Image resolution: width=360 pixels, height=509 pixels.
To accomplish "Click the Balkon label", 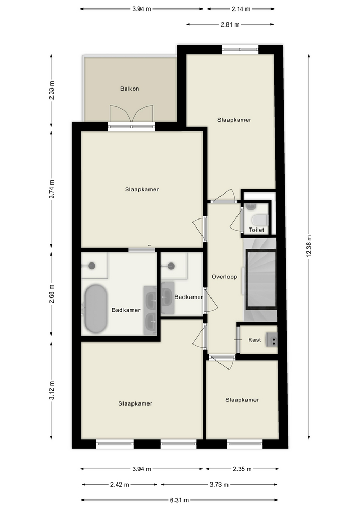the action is pyautogui.click(x=129, y=89).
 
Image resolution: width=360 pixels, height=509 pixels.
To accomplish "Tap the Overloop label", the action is pyautogui.click(x=224, y=277).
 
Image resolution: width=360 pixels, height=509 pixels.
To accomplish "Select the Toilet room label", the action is pyautogui.click(x=257, y=230).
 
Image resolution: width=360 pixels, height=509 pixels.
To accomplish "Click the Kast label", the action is pyautogui.click(x=254, y=340).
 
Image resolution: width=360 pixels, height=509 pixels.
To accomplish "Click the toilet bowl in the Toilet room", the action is pyautogui.click(x=260, y=220).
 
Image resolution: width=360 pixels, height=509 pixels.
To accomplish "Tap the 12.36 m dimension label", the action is pyautogui.click(x=309, y=247).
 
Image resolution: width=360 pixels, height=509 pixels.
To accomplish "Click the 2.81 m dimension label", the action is pyautogui.click(x=230, y=24).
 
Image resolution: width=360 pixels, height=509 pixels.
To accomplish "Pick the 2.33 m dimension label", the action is pyautogui.click(x=51, y=90).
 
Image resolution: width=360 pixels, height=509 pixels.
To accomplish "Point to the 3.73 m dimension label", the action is pyautogui.click(x=219, y=484).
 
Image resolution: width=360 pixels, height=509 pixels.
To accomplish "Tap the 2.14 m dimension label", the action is pyautogui.click(x=241, y=9).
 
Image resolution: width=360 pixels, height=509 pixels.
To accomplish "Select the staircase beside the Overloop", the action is pyautogui.click(x=260, y=279).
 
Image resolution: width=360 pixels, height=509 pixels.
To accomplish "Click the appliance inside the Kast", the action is pyautogui.click(x=272, y=340).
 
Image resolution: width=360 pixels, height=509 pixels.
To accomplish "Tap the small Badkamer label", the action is pyautogui.click(x=189, y=297).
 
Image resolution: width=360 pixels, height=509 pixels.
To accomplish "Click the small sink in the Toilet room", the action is pyautogui.click(x=251, y=206).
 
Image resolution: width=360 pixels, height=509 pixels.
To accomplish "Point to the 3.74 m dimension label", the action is pyautogui.click(x=51, y=189).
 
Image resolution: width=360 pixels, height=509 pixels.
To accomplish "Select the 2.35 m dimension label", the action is pyautogui.click(x=242, y=469).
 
